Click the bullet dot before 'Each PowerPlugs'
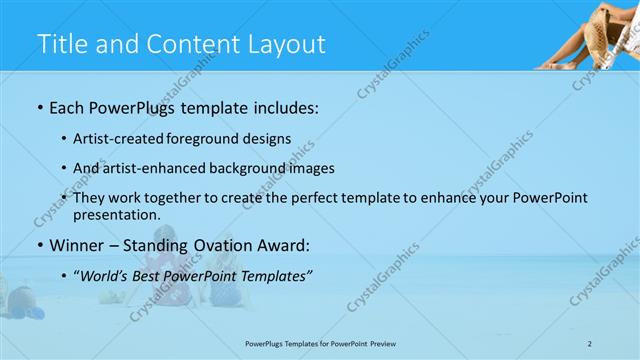point(38,105)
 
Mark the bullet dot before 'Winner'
point(38,245)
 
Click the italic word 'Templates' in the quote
point(276,275)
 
